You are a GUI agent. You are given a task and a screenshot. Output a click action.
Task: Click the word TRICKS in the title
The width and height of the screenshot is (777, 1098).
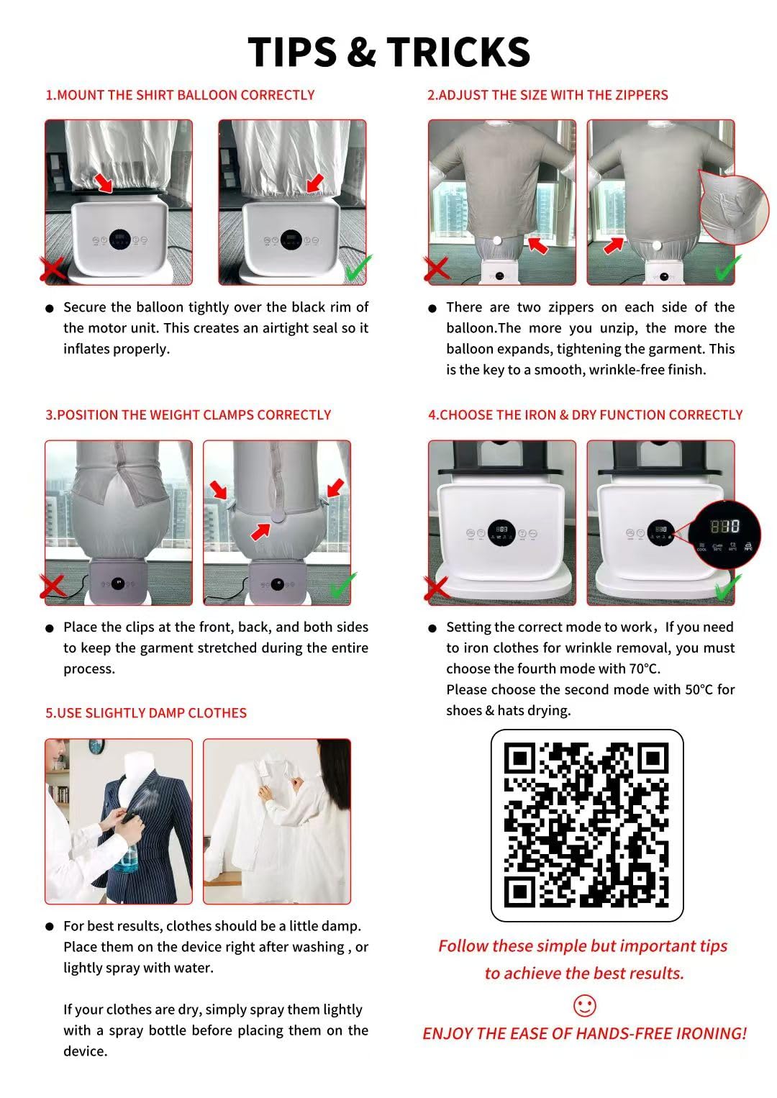click(458, 52)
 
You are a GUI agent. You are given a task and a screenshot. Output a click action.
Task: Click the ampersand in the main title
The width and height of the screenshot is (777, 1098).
click(361, 52)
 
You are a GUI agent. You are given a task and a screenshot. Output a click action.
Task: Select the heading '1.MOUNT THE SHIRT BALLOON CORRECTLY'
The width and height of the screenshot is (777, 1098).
click(180, 95)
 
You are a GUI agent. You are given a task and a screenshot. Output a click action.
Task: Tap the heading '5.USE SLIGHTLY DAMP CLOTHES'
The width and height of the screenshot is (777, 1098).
click(146, 713)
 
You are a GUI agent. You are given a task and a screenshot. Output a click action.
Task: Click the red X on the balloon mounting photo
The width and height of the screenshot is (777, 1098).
click(53, 270)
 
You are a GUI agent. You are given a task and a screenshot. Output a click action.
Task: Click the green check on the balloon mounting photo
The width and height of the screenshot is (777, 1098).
click(358, 268)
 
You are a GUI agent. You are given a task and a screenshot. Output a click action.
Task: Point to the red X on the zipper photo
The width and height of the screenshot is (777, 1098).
click(436, 270)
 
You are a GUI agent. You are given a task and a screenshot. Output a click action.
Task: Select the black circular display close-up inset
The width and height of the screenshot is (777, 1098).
click(724, 535)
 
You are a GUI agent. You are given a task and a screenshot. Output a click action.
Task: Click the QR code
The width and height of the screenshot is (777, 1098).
click(586, 825)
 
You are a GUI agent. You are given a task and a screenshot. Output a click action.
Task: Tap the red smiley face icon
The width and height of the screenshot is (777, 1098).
click(585, 1006)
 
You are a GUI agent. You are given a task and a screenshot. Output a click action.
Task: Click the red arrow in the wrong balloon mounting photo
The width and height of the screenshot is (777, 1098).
click(104, 182)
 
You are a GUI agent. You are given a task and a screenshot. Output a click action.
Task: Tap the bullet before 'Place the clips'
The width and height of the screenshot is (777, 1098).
click(50, 628)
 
